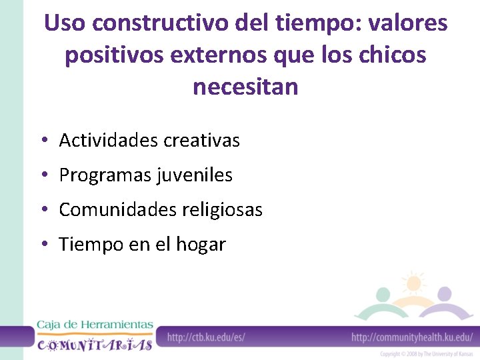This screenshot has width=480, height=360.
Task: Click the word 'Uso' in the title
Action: coord(65,24)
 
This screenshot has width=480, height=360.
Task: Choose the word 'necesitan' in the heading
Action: coord(245,87)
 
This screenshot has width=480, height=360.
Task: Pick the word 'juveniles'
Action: coord(195,175)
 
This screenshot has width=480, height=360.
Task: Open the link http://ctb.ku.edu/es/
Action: coord(206,337)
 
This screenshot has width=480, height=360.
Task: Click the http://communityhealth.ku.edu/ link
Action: coord(411,337)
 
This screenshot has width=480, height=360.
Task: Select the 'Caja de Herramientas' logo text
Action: coord(95,325)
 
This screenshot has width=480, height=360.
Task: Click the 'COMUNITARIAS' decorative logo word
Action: coord(95,344)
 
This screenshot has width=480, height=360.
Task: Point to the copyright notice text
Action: coord(427,354)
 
